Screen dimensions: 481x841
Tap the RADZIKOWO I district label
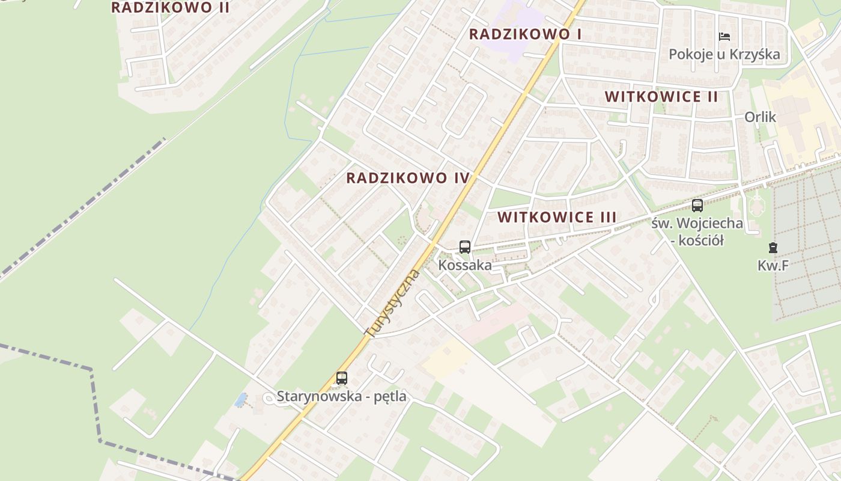[525, 34]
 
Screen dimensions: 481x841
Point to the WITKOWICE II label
[661, 97]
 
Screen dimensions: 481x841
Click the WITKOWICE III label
[557, 217]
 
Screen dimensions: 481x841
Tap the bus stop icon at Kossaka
[464, 247]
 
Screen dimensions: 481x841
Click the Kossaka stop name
[464, 265]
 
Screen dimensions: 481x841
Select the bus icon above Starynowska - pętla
[342, 378]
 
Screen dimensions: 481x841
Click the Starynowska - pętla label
[341, 397]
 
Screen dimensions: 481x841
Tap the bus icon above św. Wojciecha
[697, 206]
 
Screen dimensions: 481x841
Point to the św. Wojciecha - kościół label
[697, 231]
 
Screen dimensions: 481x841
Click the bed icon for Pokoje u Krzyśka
[724, 37]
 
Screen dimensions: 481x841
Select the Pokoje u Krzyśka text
[724, 55]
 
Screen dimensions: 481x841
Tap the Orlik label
[760, 117]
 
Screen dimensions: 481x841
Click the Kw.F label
[773, 265]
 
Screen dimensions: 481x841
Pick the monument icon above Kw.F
[773, 247]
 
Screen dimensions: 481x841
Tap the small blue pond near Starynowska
[241, 399]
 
